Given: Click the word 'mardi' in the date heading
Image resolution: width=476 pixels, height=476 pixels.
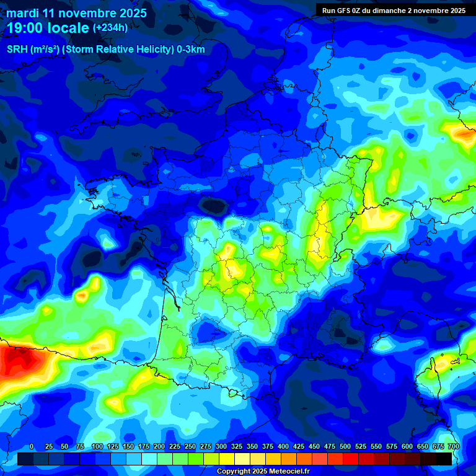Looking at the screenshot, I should click(22, 13).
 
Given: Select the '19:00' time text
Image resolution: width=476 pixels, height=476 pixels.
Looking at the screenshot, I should click(24, 29).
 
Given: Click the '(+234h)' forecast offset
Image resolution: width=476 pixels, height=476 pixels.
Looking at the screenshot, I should click(110, 28).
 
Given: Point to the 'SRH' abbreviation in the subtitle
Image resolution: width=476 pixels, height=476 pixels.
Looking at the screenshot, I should click(17, 50).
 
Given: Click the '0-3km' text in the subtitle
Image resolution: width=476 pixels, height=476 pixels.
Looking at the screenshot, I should click(191, 50).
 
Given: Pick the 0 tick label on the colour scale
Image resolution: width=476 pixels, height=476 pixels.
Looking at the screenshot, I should click(32, 446).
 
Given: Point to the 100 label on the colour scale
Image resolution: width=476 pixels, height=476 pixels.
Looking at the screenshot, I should click(97, 446).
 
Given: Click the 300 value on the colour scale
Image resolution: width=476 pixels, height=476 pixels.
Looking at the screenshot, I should click(221, 446).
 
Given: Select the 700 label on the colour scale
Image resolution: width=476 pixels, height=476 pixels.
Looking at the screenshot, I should click(453, 446).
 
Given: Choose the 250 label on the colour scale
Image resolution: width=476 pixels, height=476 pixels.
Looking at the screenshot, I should click(190, 446).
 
